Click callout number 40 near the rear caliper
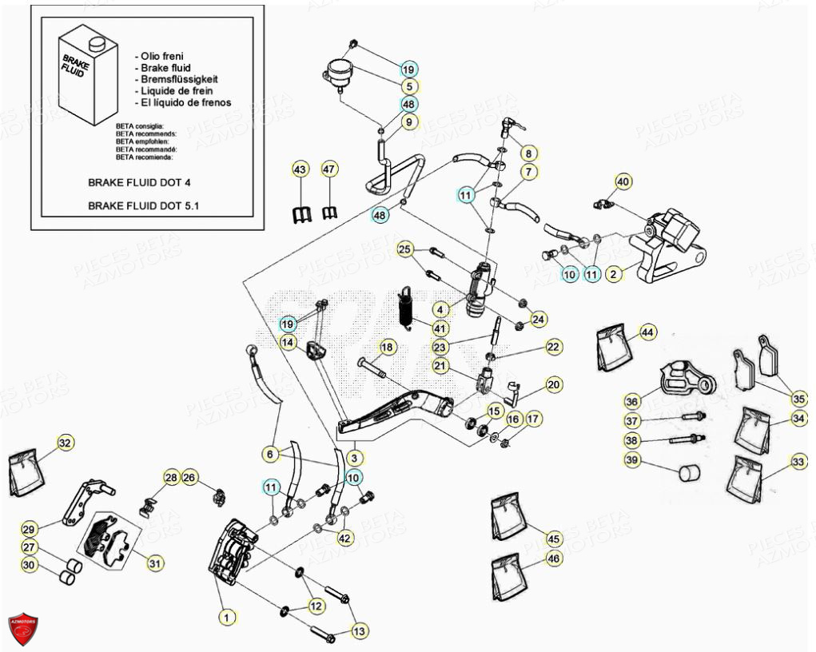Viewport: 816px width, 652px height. click(623, 182)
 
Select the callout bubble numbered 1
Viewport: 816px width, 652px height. click(226, 616)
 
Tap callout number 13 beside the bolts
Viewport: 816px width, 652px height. click(360, 631)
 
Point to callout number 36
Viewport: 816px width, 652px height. click(631, 401)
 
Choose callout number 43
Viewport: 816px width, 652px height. click(300, 169)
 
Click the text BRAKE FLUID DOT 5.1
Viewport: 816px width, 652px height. click(144, 205)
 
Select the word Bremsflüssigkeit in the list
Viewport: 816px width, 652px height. click(179, 79)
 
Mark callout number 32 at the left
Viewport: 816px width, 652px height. click(65, 443)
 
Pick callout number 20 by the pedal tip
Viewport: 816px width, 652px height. click(554, 385)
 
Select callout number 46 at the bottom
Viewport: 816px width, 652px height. click(554, 561)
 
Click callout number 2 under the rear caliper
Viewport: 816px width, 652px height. click(613, 274)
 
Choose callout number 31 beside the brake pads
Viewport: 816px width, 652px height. click(154, 563)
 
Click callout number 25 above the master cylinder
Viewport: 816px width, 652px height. click(404, 250)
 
